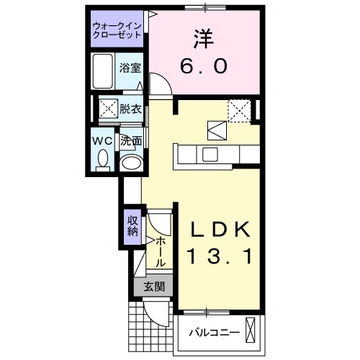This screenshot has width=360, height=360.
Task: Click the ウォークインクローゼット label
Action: pyautogui.click(x=117, y=32)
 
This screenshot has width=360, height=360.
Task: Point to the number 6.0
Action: pyautogui.click(x=203, y=65)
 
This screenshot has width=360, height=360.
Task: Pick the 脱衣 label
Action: pyautogui.click(x=130, y=109)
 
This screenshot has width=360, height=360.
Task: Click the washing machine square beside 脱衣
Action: pyautogui.click(x=108, y=109)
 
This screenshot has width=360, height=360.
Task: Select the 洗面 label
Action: pyautogui.click(x=130, y=141)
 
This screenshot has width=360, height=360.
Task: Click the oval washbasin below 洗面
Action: pyautogui.click(x=130, y=163)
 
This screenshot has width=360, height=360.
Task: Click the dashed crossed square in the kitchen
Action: pyautogui.click(x=238, y=109)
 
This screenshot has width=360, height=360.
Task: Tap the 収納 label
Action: pyautogui.click(x=132, y=225)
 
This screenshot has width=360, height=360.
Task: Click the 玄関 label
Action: pyautogui.click(x=153, y=287)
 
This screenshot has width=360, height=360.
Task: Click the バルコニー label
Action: pyautogui.click(x=210, y=333)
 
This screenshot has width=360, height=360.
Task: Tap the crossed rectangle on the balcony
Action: pyautogui.click(x=250, y=330)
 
